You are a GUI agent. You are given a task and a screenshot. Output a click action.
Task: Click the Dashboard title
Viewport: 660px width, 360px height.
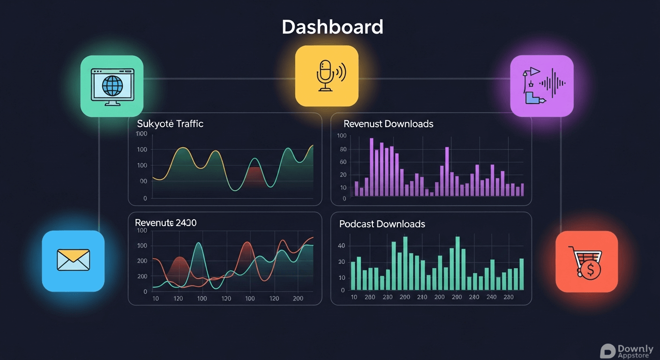pos(332,27)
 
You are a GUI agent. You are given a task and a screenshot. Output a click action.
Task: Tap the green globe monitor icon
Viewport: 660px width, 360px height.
pos(112,86)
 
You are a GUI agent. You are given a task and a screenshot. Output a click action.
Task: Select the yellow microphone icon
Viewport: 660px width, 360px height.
pos(327,76)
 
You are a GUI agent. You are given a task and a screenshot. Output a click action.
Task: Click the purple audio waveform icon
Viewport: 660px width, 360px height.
pos(541,86)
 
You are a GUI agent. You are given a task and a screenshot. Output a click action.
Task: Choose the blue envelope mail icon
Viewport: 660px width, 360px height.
pos(73,261)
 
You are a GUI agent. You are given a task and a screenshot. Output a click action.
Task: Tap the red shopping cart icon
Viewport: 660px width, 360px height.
pos(586,262)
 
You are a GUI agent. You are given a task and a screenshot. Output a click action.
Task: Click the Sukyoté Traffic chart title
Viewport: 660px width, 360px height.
pos(170,124)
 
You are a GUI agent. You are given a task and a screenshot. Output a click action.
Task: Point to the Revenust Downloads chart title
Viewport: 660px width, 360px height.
pos(388,124)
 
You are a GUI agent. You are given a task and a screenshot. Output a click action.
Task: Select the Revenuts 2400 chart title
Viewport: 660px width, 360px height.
pos(165,223)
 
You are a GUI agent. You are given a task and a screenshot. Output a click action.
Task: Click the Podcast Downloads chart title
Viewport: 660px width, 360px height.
pos(382,224)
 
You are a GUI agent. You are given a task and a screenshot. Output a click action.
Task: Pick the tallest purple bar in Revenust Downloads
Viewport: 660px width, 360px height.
pos(372,167)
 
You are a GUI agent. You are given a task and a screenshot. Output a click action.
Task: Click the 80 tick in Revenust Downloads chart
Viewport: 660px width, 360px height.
pos(343,150)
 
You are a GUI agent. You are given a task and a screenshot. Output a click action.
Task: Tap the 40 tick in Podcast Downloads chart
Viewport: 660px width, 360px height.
pos(341,246)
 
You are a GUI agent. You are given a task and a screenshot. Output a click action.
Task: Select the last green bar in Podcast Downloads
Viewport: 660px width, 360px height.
pos(522,274)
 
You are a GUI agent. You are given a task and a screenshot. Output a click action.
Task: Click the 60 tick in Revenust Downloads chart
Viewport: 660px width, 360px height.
pos(343,162)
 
